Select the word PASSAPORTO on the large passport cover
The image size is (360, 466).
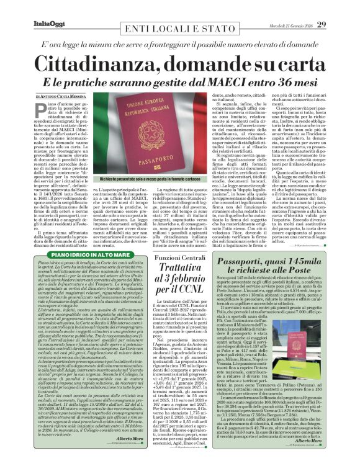(180, 160)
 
